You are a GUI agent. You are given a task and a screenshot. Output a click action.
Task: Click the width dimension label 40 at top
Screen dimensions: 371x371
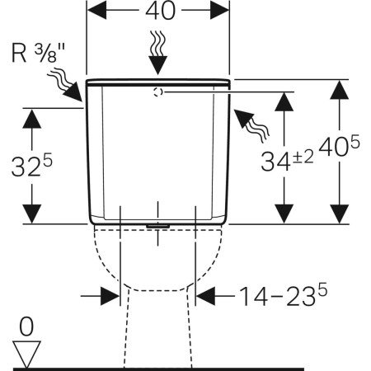160,11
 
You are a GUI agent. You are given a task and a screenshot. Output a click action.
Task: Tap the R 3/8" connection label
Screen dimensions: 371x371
38,53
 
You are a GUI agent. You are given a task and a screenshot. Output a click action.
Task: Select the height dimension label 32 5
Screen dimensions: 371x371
31,166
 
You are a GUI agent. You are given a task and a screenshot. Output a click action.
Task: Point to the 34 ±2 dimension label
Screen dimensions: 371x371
287,161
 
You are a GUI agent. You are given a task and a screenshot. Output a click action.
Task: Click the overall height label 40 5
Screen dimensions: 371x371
339,147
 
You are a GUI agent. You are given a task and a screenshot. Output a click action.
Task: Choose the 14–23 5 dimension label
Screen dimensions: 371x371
284,295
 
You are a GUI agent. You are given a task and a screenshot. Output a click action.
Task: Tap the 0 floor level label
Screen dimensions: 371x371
26,326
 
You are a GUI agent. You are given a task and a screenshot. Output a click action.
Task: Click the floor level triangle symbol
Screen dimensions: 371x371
26,354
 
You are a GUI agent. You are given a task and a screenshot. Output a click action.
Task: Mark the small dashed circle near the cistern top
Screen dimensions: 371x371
157,92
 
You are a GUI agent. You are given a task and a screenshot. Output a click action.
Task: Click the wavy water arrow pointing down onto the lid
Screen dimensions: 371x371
157,52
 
